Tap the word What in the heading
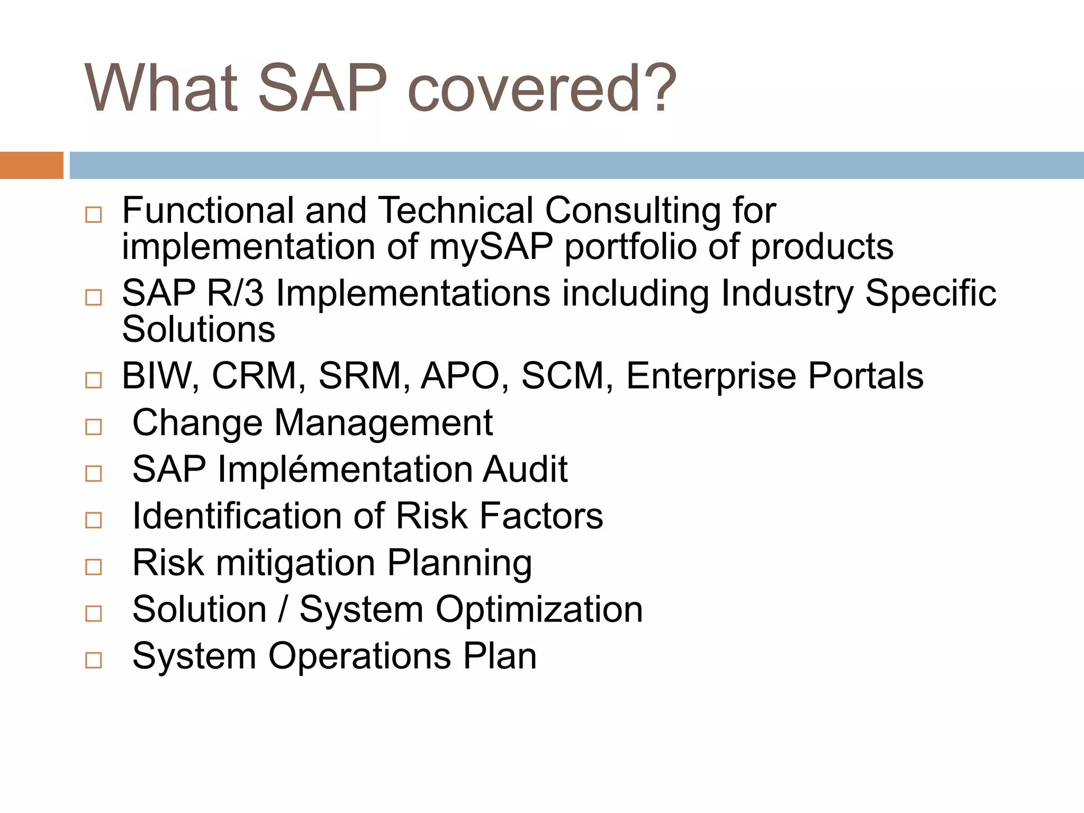point(161,88)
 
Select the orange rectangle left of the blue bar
point(31,165)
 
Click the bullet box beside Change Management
point(94,427)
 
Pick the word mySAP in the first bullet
point(491,247)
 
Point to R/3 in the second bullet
point(235,293)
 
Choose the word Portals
point(865,376)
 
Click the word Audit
point(525,469)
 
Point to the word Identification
point(237,516)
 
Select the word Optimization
point(539,610)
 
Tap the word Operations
point(359,656)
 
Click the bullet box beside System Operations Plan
point(94,660)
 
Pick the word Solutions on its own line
point(198,330)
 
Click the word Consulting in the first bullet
point(633,211)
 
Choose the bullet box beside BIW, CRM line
point(94,380)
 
